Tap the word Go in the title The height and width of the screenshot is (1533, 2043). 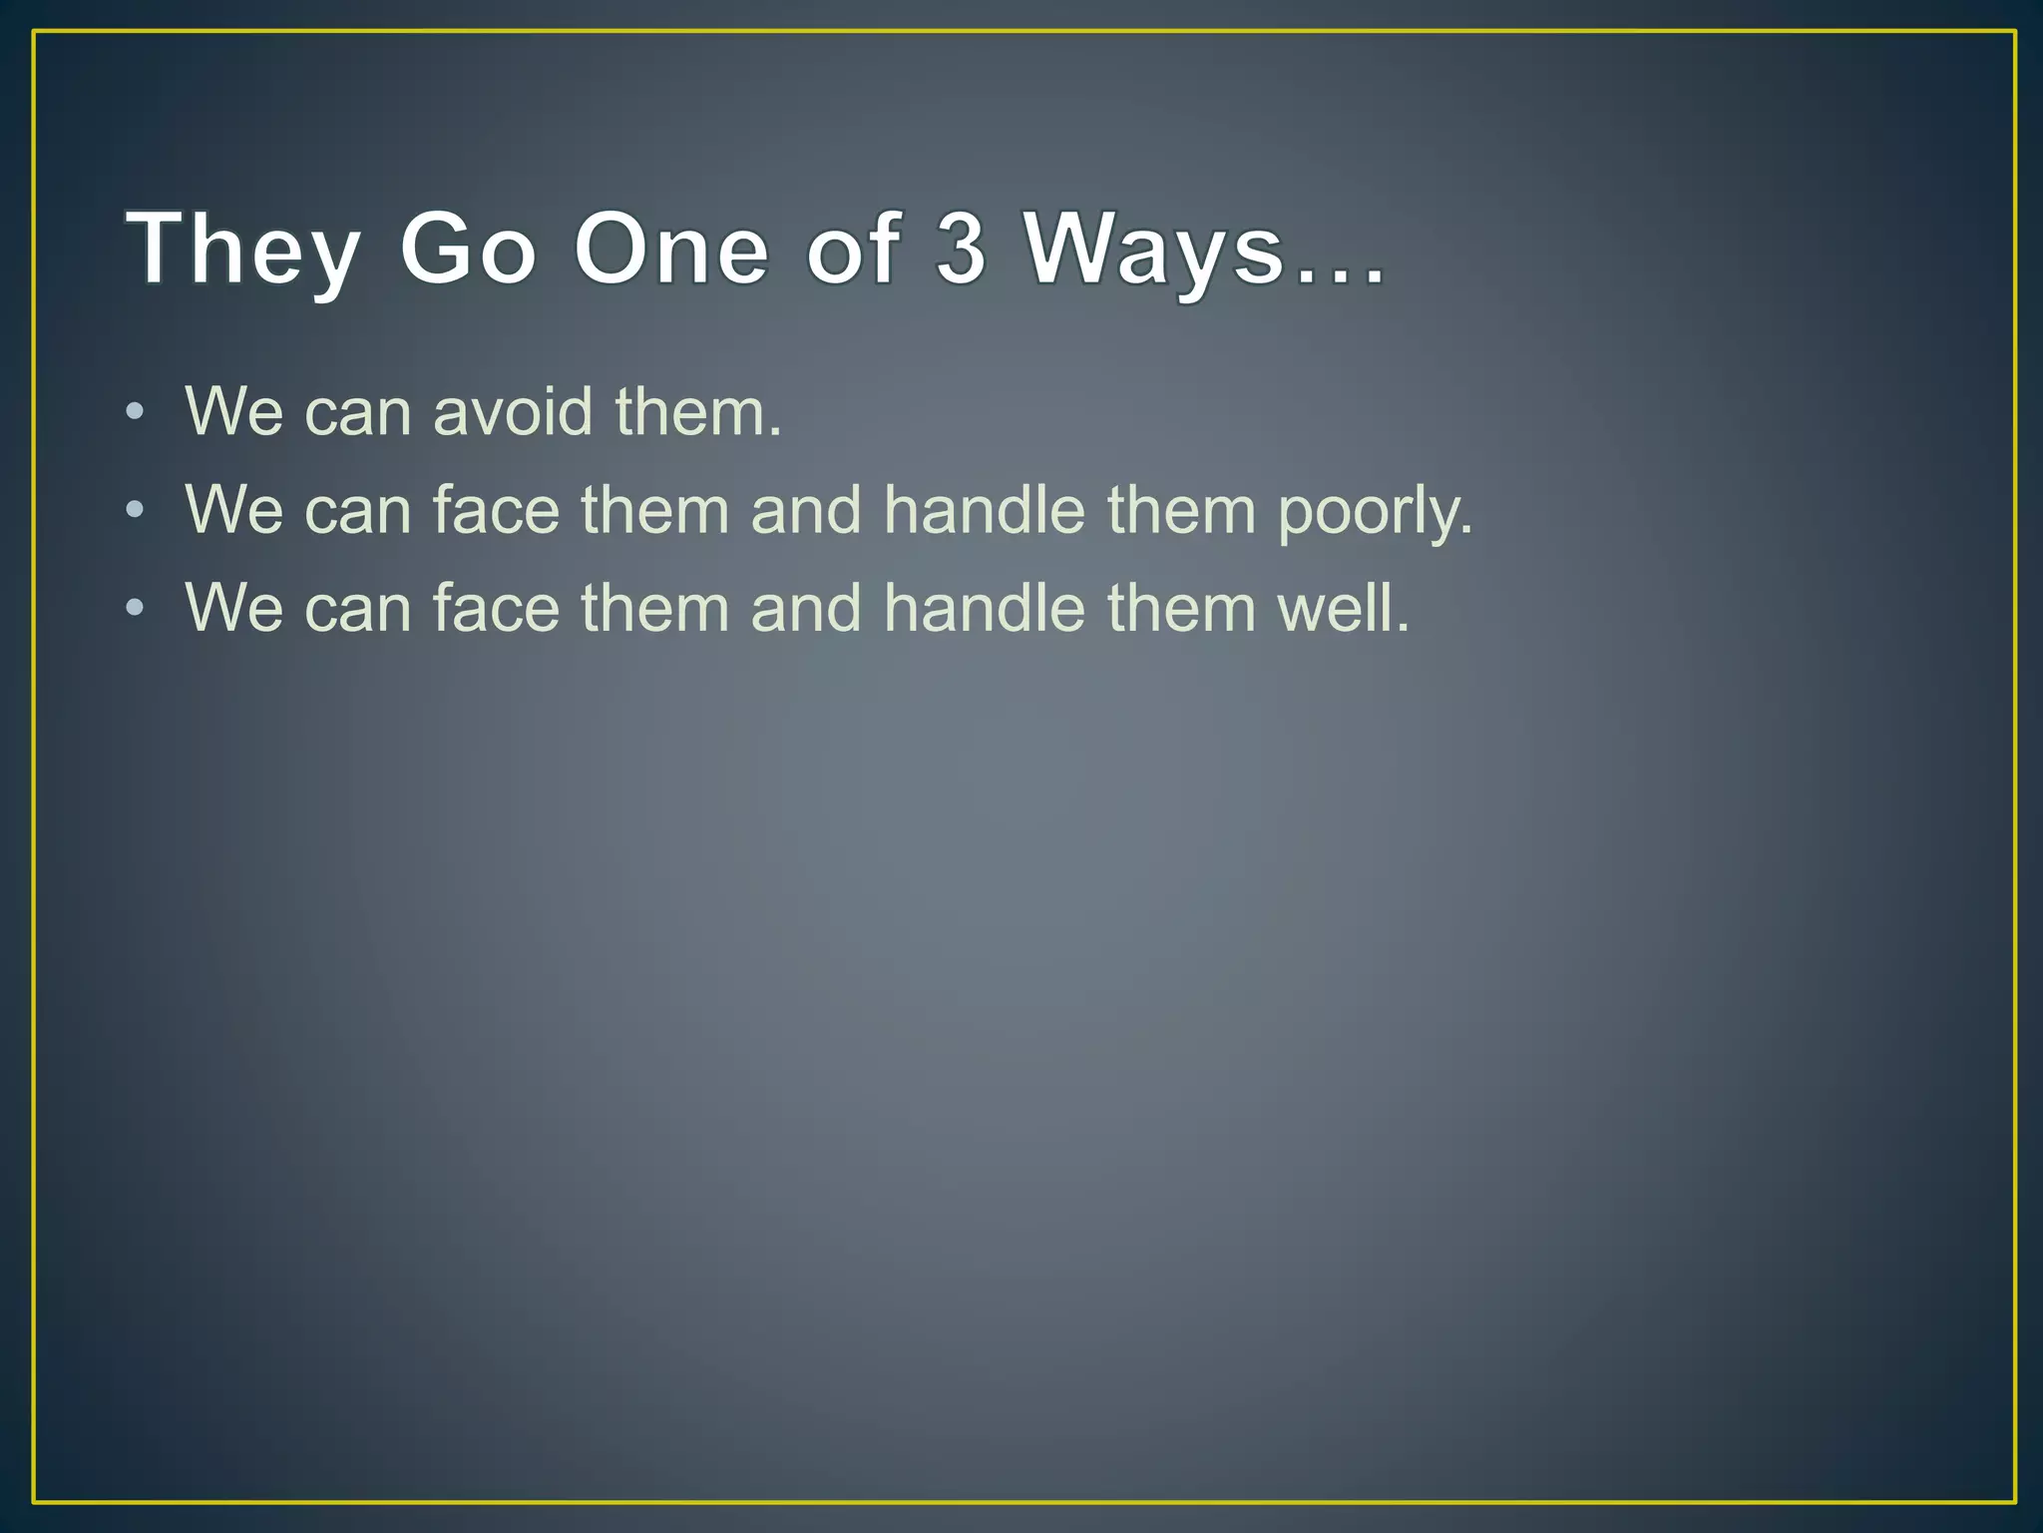pos(468,250)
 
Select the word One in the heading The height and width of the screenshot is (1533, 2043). pos(671,250)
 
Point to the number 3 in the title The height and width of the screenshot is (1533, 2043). pos(961,250)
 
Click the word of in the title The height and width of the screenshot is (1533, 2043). pos(854,250)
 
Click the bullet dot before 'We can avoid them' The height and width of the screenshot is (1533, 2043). pos(136,412)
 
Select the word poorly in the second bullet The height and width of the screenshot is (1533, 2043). pos(1375,511)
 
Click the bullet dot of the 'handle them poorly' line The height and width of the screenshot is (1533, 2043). pos(136,511)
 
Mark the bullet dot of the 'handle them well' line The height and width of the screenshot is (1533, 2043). pos(136,608)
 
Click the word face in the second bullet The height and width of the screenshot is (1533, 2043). pos(496,510)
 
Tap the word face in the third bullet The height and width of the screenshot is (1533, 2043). pos(496,608)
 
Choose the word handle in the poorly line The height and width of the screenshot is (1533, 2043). pos(984,510)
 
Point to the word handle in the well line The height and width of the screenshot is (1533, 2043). pos(984,608)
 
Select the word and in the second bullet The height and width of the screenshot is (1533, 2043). pos(805,510)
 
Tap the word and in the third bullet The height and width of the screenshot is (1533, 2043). pos(805,608)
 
